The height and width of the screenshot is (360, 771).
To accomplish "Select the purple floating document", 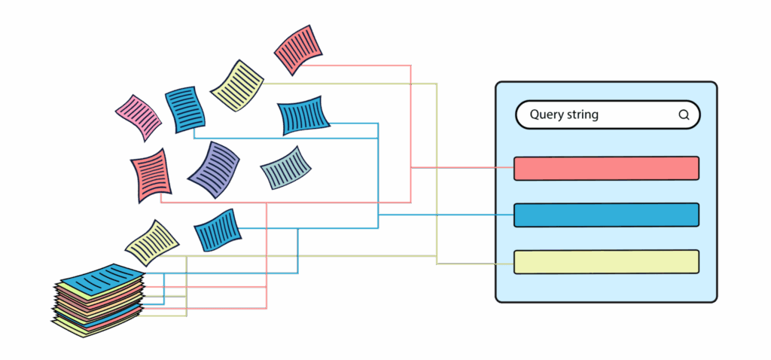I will point(214,169).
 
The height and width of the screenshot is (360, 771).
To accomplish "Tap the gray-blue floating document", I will point(286,167).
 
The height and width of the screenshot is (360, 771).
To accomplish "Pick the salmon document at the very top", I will point(298,49).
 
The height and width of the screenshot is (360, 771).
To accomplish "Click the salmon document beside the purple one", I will point(151,175).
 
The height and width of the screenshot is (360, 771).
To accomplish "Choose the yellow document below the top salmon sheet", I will point(237,85).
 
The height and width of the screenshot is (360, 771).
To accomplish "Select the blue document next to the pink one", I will point(185,110).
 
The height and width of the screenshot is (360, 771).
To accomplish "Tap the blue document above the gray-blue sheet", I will point(303,115).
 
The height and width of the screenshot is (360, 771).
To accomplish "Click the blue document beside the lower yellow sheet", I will point(218,230).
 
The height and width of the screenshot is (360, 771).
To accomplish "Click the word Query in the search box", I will point(547,115).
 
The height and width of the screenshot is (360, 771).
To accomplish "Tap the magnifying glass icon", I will point(684,115).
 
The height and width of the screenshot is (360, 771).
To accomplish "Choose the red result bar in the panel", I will point(606,168).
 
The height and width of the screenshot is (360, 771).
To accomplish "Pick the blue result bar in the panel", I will point(606,215).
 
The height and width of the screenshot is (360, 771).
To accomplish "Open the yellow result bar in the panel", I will point(606,261).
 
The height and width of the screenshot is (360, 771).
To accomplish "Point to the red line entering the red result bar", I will point(467,167).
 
